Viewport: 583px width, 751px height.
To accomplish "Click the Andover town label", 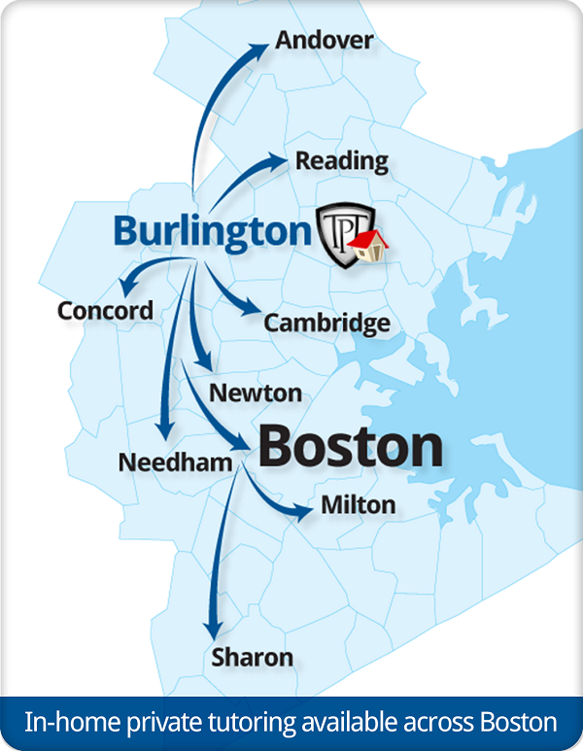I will pos(324,41).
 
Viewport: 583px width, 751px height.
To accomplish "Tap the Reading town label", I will pos(342,160).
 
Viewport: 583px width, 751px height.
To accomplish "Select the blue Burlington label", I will pos(211,231).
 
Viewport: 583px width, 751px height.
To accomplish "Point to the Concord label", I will pos(105,311).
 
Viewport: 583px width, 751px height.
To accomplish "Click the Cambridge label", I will pos(327,324).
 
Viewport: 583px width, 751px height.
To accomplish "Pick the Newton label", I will pos(256,393).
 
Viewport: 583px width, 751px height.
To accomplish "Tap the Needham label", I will pos(176,461).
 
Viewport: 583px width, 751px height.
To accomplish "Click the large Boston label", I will pos(351,448).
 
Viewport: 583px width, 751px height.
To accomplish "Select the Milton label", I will pos(358,505).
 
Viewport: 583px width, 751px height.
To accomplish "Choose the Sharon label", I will pos(253,658).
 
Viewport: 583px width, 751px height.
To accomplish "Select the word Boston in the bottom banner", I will pos(518,724).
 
